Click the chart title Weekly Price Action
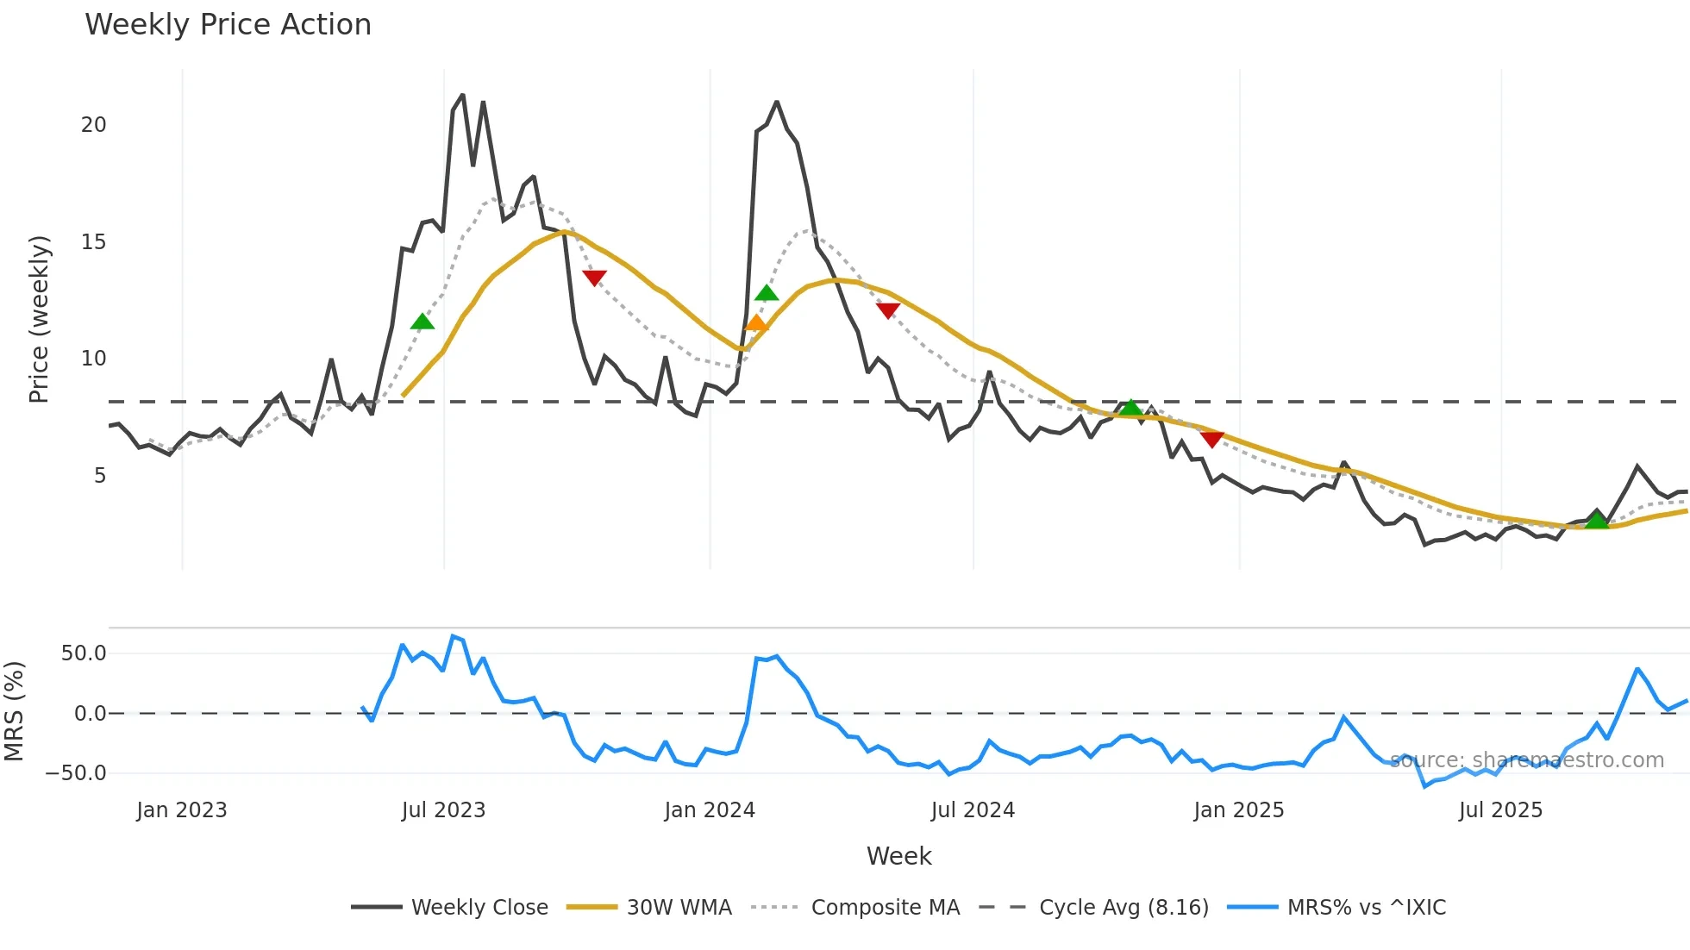click(228, 25)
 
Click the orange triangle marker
click(756, 323)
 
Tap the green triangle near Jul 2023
click(422, 322)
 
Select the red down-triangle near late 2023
click(594, 278)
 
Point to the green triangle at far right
click(1597, 520)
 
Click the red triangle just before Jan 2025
click(1212, 440)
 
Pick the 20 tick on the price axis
click(94, 125)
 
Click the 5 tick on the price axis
click(100, 476)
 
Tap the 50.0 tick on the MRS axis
click(84, 653)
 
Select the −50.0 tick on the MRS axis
click(77, 772)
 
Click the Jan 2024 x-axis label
click(710, 810)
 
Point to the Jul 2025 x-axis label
click(1500, 810)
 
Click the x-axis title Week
click(898, 856)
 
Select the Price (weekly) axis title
click(39, 319)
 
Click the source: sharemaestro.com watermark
click(1526, 760)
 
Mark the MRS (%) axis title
click(14, 711)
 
